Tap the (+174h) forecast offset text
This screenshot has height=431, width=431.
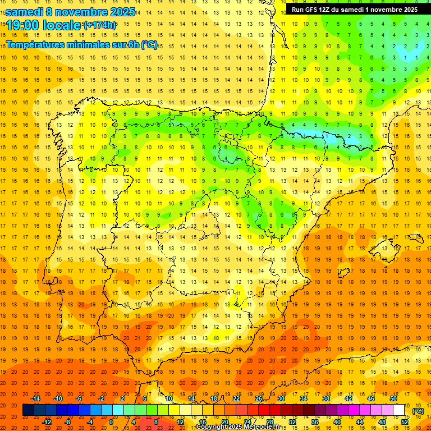[99, 25]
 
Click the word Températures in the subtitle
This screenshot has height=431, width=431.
[34, 45]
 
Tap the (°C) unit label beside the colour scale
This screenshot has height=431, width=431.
[418, 411]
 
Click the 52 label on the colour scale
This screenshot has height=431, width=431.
[405, 421]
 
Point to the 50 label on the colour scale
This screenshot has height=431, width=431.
[393, 398]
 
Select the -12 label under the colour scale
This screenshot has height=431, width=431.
[47, 421]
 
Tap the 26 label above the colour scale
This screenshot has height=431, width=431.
[259, 398]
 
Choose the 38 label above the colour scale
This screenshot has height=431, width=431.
[326, 398]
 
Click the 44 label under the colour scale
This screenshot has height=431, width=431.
[360, 421]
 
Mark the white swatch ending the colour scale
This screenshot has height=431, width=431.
[399, 410]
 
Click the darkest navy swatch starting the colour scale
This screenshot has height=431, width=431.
[28, 410]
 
